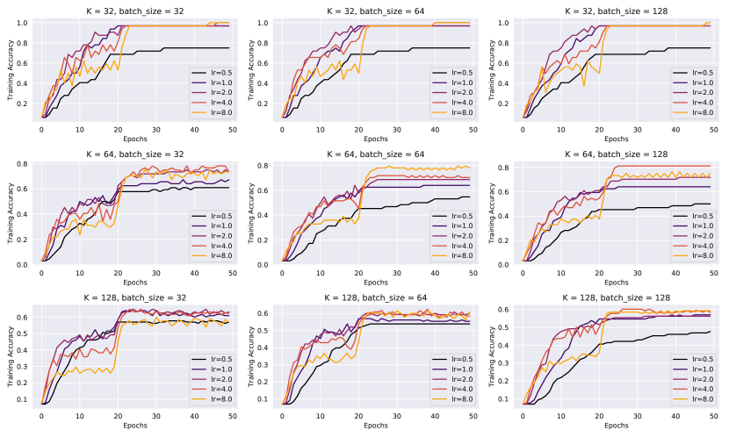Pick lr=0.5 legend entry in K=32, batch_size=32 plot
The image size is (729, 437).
(213, 72)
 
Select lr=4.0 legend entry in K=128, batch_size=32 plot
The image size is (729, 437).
(213, 391)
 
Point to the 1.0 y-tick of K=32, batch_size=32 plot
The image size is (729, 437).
(24, 23)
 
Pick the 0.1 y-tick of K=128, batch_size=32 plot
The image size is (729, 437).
(24, 399)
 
